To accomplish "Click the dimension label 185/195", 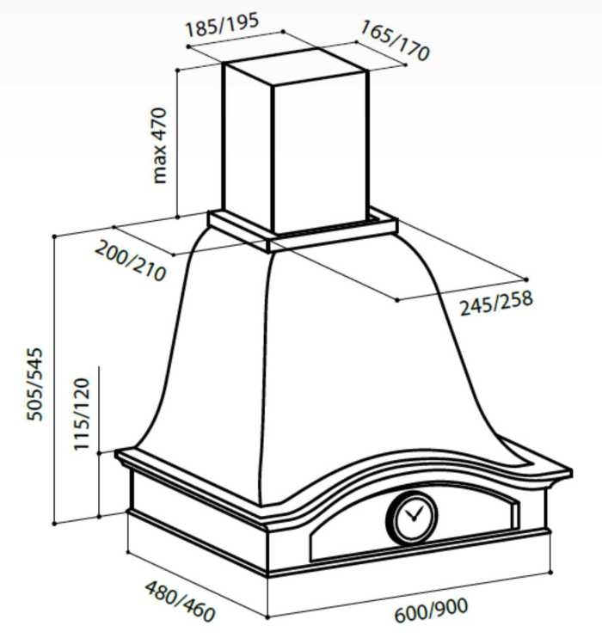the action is pyautogui.click(x=222, y=24).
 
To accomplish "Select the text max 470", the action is pyautogui.click(x=160, y=145).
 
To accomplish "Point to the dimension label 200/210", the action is pyautogui.click(x=130, y=261).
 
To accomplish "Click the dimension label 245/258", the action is pyautogui.click(x=496, y=304).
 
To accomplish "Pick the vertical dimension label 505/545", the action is pyautogui.click(x=34, y=384).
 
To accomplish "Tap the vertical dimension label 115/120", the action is pyautogui.click(x=82, y=414).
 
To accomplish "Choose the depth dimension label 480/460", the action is pyautogui.click(x=180, y=601).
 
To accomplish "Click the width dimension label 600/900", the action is pyautogui.click(x=431, y=610).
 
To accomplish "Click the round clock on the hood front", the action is pyautogui.click(x=411, y=518).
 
